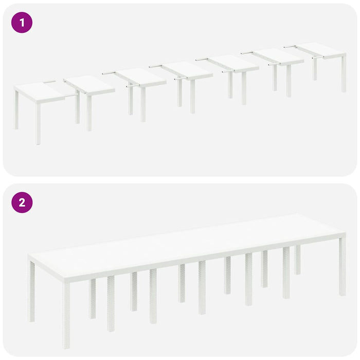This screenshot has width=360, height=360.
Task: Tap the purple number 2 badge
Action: (x=22, y=202)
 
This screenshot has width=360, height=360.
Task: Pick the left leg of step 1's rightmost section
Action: (x=315, y=69)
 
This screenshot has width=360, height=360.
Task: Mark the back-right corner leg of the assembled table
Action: (x=298, y=260)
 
